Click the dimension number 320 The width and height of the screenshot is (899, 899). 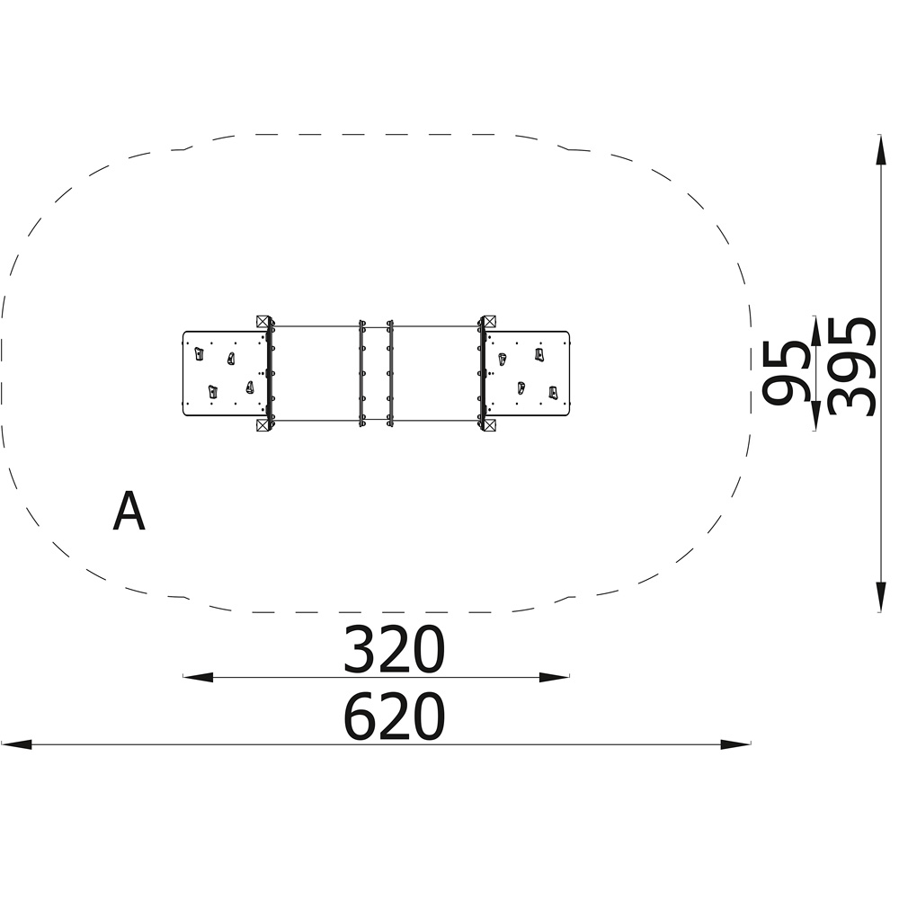[x=394, y=649]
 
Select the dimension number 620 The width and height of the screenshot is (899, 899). [x=394, y=717]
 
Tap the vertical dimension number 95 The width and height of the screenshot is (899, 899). [x=786, y=373]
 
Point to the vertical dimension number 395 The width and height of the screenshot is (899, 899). [x=852, y=367]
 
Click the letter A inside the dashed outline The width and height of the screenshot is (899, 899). [x=129, y=512]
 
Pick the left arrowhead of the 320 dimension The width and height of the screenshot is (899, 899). [x=198, y=677]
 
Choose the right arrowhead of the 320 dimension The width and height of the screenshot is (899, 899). [x=555, y=677]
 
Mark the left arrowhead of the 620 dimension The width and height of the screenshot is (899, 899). [x=16, y=744]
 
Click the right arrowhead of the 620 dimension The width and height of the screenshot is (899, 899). [x=735, y=744]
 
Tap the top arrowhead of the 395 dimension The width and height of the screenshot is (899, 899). [x=879, y=149]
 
